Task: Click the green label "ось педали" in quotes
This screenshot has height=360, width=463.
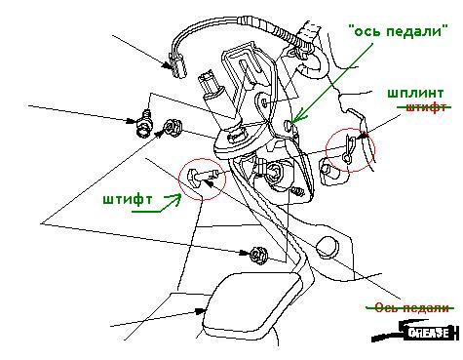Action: tap(399, 32)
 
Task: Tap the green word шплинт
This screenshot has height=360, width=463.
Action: tap(415, 94)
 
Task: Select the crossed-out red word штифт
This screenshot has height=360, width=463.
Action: tap(425, 107)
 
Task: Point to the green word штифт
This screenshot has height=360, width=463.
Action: tap(128, 199)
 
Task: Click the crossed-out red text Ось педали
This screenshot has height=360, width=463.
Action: tap(411, 307)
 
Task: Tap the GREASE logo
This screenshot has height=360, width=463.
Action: tap(416, 332)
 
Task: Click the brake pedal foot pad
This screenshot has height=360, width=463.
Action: tap(252, 304)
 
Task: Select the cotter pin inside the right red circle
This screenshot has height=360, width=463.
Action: tap(350, 148)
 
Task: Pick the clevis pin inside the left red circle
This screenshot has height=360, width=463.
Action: tap(202, 176)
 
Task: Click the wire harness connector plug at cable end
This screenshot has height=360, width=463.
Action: tap(177, 66)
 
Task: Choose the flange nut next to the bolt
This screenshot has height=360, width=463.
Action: tap(172, 128)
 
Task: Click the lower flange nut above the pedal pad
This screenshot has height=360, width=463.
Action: tap(258, 255)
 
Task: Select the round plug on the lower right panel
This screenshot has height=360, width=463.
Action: tap(328, 246)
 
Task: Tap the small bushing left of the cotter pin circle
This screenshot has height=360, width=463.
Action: tap(329, 172)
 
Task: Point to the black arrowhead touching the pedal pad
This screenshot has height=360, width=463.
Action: tap(200, 311)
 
